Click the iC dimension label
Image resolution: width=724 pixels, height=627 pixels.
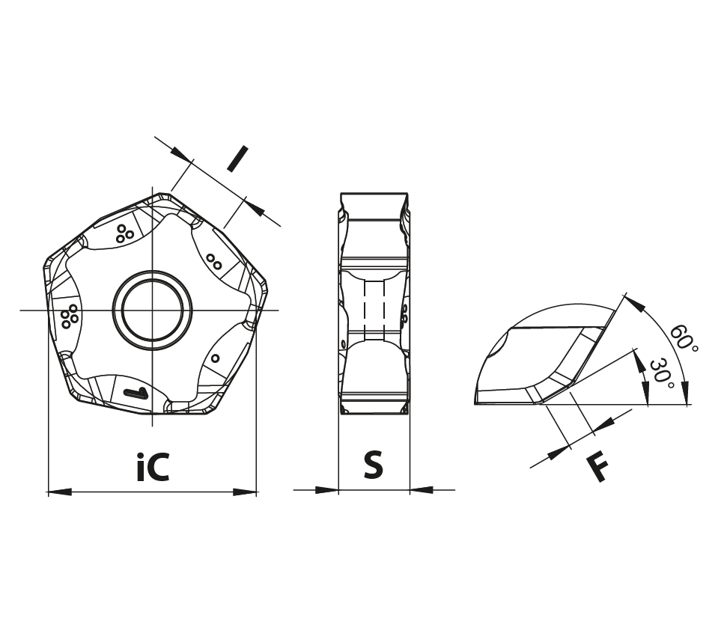(153, 467)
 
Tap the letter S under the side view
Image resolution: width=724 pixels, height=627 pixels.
(373, 465)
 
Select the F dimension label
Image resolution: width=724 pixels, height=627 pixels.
(598, 468)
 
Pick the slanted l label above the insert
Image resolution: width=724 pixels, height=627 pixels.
(238, 159)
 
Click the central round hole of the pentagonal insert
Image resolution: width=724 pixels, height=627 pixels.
(153, 310)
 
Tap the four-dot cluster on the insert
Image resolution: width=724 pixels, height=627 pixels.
(70, 316)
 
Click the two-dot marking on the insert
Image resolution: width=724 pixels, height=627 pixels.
(214, 262)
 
